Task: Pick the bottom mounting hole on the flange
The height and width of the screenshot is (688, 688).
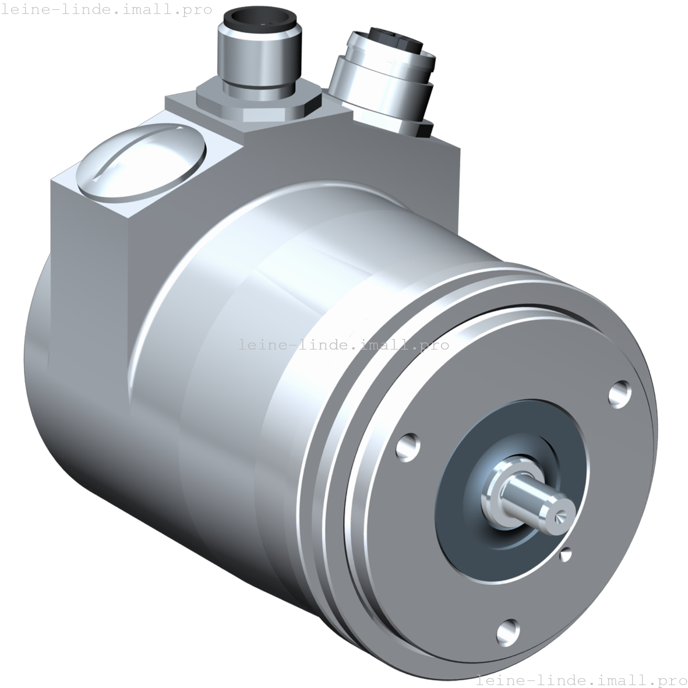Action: click(509, 629)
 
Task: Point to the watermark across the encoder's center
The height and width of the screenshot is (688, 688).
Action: click(344, 345)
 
